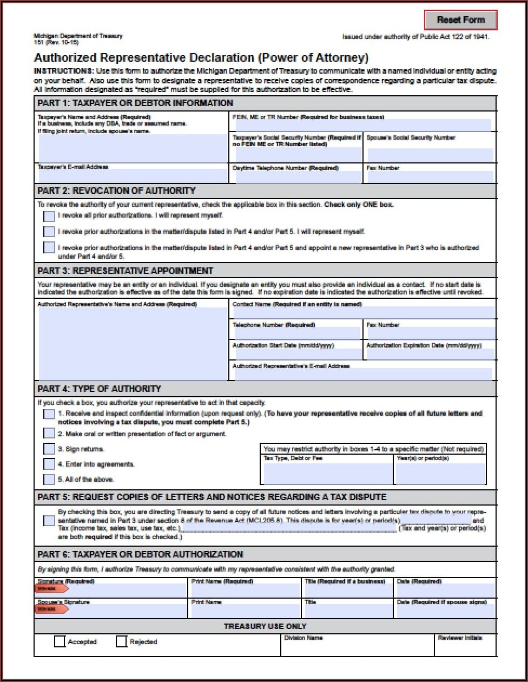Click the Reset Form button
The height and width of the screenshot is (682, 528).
460,20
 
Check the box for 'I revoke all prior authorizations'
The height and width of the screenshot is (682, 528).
49,216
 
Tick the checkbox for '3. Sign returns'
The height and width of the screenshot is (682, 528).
49,449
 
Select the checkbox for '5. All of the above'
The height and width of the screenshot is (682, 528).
49,480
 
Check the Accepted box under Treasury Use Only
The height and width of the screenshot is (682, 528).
60,641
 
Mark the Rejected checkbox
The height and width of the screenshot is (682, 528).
121,641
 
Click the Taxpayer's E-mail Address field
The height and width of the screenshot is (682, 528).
133,176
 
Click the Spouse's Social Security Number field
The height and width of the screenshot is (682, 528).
430,155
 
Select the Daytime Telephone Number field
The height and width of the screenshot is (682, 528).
297,177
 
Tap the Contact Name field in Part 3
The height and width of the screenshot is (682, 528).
362,312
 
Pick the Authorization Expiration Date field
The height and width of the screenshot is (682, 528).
430,354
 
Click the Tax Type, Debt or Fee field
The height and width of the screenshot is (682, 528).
327,474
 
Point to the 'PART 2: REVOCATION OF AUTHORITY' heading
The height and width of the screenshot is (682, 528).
116,191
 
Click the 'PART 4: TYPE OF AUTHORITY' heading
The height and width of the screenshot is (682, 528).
99,389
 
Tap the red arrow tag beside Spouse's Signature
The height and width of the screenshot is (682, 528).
52,609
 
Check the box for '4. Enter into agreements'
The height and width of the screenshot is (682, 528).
49,464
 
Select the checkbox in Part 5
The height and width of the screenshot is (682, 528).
49,521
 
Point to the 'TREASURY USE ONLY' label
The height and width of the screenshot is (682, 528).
265,626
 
